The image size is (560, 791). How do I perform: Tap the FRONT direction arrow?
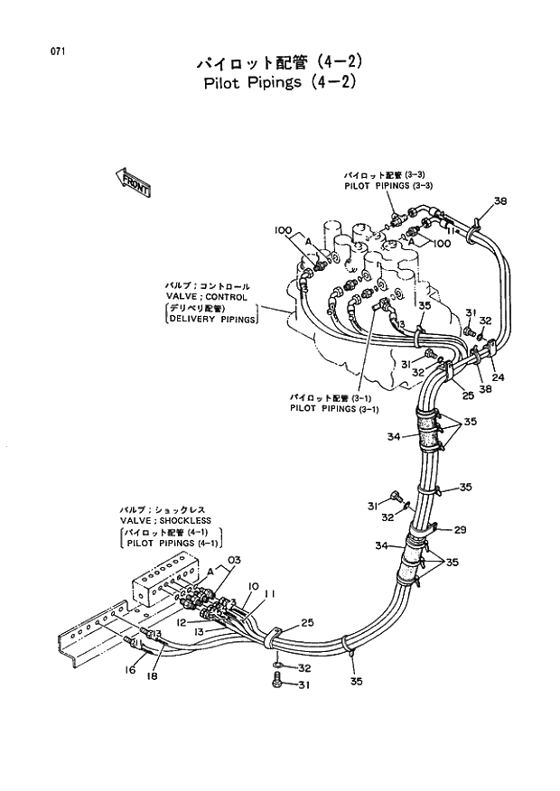tap(133, 182)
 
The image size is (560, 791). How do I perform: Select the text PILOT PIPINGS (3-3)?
tap(388, 185)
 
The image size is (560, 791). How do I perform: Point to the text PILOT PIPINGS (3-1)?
tap(334, 407)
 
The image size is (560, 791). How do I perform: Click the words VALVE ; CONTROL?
tap(206, 296)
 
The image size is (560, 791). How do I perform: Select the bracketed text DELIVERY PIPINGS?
tap(212, 318)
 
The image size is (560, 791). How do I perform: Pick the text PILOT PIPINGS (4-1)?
tap(172, 544)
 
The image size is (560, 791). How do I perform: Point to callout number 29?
tap(460, 529)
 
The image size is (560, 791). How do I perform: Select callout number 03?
tap(234, 560)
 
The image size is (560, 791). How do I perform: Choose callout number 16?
tap(130, 669)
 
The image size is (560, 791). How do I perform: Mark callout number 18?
tap(152, 675)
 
